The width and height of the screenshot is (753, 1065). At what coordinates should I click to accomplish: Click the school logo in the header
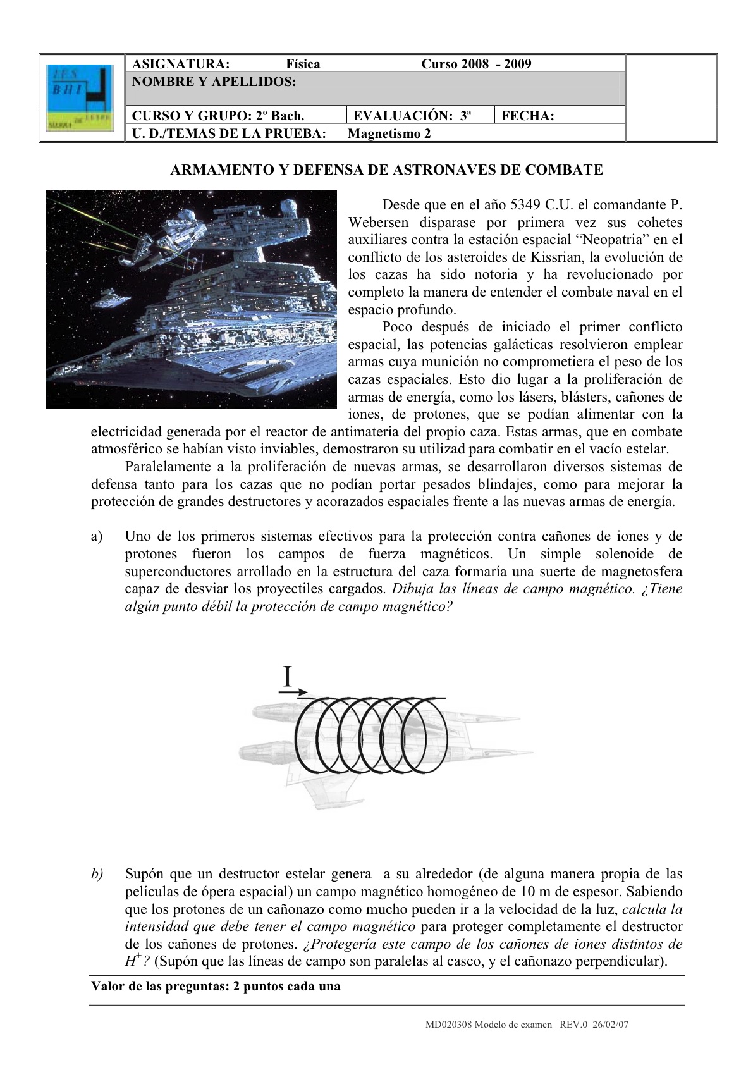tap(80, 97)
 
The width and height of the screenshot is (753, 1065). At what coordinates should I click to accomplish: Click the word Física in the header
tap(303, 64)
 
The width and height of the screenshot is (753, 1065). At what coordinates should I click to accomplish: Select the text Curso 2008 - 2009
tap(476, 64)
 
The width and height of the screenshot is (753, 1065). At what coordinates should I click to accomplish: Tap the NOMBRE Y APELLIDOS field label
tap(214, 82)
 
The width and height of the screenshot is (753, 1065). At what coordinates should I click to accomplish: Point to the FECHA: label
tap(527, 116)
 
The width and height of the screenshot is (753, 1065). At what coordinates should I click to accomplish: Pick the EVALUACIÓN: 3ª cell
tap(412, 116)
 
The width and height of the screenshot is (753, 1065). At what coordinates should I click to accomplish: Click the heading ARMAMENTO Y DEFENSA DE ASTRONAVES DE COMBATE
tap(387, 169)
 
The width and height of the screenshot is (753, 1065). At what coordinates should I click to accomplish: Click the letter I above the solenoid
tap(288, 677)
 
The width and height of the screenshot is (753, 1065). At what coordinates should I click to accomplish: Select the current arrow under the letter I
tap(293, 692)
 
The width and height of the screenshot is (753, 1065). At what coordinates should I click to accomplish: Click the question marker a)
tap(96, 537)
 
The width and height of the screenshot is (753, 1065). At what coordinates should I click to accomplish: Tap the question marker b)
tap(97, 875)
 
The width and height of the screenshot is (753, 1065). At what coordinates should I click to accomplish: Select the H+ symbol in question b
tap(132, 961)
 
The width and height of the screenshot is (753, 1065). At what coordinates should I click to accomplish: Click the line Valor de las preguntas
tap(216, 986)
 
